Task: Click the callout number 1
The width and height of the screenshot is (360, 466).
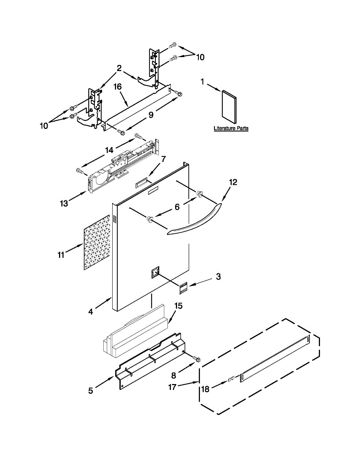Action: click(202, 82)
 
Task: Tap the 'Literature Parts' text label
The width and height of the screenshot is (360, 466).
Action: click(231, 128)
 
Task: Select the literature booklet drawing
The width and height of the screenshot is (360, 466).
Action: click(229, 104)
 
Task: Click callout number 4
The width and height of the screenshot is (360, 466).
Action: click(90, 311)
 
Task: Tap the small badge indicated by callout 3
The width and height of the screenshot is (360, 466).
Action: click(184, 288)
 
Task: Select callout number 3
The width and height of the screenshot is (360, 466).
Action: click(218, 276)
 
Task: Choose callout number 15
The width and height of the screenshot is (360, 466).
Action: click(178, 306)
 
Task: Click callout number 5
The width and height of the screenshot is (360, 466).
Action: click(90, 391)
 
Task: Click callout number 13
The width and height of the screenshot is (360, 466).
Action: click(64, 203)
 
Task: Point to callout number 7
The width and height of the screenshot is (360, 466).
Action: click(163, 159)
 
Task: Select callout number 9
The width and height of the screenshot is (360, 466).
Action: click(151, 115)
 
